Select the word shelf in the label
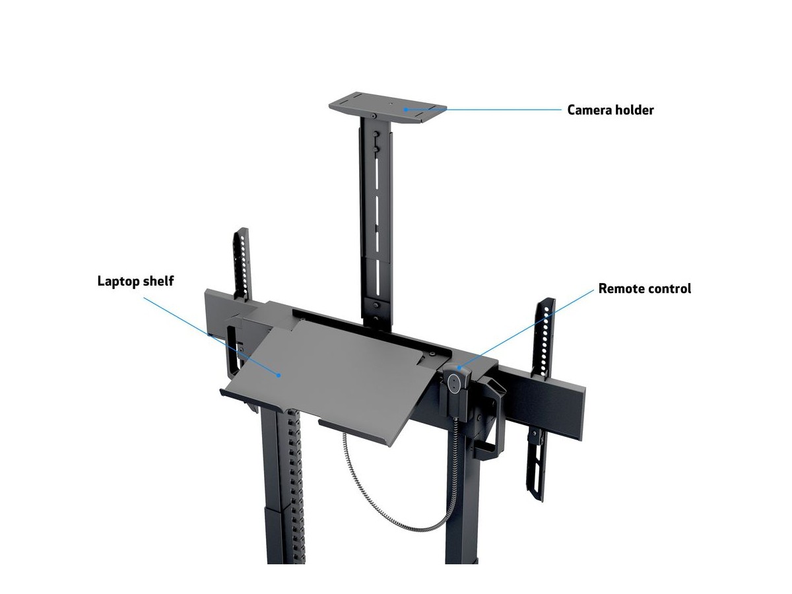159,281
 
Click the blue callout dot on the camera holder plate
407,110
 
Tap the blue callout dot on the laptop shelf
280,375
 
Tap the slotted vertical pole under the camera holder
376,218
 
